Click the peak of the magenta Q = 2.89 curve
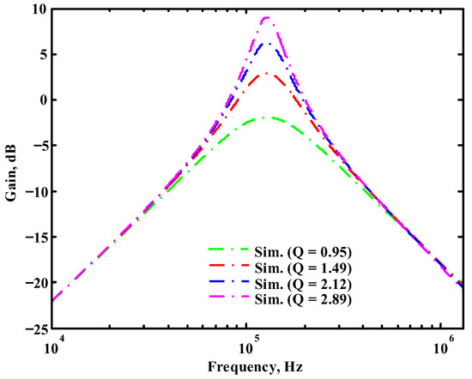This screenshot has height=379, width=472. click(267, 17)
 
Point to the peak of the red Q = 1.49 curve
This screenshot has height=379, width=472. click(268, 73)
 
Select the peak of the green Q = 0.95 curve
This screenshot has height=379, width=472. click(269, 117)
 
